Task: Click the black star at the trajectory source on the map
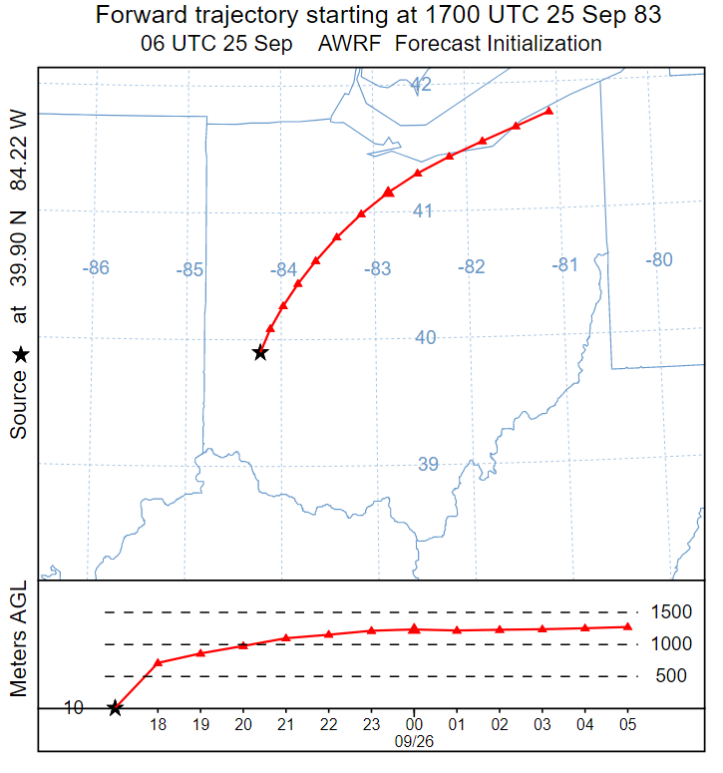(260, 352)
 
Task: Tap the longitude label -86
(96, 268)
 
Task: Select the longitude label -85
(189, 270)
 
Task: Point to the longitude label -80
(658, 260)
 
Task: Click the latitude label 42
(422, 86)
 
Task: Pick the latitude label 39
(428, 464)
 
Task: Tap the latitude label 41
(423, 210)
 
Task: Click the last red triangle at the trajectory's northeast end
(548, 111)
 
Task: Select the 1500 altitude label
(670, 612)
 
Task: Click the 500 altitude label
(671, 676)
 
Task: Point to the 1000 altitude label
(670, 644)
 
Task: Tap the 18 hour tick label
(158, 725)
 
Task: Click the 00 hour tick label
(414, 725)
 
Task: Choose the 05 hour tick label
(627, 725)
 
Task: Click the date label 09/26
(414, 741)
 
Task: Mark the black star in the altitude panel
(115, 708)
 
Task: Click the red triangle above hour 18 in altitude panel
(158, 662)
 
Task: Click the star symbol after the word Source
(20, 354)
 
